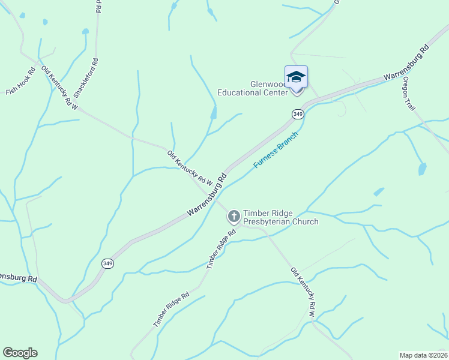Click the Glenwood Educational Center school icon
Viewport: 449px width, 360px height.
click(x=296, y=77)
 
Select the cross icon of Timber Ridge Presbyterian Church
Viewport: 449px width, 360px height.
click(x=234, y=215)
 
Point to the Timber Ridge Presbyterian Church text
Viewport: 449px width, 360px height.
click(x=280, y=217)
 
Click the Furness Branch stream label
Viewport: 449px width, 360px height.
click(x=276, y=149)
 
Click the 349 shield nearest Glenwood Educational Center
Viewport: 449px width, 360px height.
click(x=298, y=113)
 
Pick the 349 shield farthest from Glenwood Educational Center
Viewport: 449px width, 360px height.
click(x=108, y=263)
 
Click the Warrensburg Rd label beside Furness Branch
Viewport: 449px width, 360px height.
click(x=207, y=195)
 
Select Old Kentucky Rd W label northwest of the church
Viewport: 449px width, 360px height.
click(x=190, y=167)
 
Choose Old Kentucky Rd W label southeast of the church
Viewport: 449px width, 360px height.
click(x=304, y=292)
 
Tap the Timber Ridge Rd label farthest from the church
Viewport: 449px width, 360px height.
click(x=171, y=310)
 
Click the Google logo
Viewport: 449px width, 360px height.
click(x=20, y=353)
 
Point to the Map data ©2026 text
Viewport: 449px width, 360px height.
click(x=423, y=355)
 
